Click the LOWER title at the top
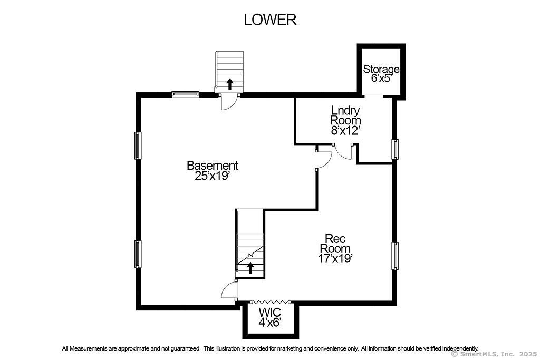[270, 20]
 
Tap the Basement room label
[213, 166]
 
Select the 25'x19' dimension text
[213, 176]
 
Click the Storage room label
[381, 69]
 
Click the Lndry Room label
[345, 115]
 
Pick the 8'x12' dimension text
[345, 131]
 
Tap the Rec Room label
[335, 244]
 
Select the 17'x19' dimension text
[335, 258]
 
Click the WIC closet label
[270, 313]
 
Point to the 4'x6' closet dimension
[270, 323]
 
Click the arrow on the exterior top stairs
[229, 84]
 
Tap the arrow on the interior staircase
[250, 267]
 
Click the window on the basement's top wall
[186, 94]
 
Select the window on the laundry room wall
[395, 149]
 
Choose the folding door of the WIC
[272, 301]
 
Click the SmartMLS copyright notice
[494, 354]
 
